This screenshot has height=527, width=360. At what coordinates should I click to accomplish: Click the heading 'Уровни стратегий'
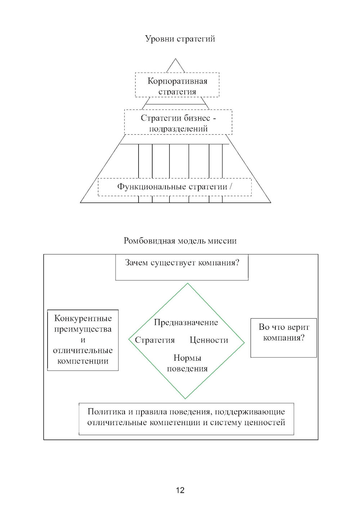[x=180, y=39]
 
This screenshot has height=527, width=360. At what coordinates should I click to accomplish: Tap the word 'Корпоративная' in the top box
[x=177, y=81]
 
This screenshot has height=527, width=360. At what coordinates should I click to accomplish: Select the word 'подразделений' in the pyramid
[x=178, y=129]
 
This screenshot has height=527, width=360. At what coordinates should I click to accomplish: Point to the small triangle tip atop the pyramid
[x=176, y=65]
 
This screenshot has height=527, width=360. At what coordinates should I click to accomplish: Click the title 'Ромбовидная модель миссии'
[x=180, y=241]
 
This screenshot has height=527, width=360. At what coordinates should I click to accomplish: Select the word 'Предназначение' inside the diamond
[x=186, y=322]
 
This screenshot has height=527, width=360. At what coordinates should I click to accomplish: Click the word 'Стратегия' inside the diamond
[x=155, y=340]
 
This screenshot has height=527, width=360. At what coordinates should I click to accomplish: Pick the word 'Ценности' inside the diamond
[x=209, y=340]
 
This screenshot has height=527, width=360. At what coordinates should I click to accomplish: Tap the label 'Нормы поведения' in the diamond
[x=187, y=363]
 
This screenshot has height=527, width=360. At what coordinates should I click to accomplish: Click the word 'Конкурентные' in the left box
[x=83, y=318]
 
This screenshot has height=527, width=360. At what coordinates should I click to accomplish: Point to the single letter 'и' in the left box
[x=83, y=340]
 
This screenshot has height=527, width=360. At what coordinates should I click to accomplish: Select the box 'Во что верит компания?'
[x=284, y=338]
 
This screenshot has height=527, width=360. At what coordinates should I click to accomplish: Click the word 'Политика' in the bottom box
[x=105, y=411]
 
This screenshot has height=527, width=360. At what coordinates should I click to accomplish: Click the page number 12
[x=180, y=490]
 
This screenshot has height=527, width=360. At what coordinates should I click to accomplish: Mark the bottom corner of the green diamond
[x=185, y=398]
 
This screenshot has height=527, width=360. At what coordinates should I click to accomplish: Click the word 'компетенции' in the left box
[x=83, y=361]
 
